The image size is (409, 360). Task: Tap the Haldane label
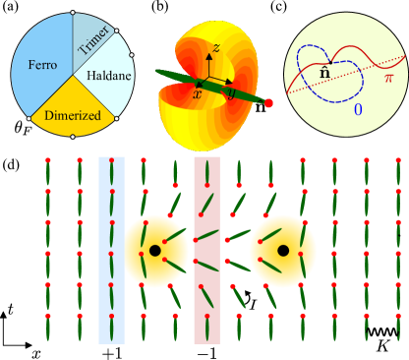point(103,75)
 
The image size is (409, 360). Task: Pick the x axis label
point(197,93)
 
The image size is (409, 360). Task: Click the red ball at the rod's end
point(268,102)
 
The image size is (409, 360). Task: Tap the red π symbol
point(388,78)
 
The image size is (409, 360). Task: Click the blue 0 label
point(357,110)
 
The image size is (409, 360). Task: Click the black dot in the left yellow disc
point(154,252)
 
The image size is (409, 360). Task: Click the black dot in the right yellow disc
point(282,252)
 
